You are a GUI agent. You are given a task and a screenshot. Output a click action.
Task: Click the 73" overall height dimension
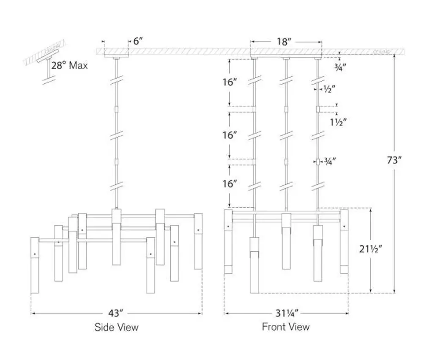394,160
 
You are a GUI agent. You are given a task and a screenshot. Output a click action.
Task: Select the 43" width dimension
115,313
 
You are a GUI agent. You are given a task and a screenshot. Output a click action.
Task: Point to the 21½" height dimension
371,249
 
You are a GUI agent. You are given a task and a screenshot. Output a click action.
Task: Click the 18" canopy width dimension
285,42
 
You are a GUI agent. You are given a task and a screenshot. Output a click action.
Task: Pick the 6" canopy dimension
138,41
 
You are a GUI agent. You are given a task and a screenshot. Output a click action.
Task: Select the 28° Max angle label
69,66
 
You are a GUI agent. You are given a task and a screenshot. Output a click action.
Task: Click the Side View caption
116,327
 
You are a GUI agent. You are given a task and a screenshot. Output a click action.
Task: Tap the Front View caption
286,327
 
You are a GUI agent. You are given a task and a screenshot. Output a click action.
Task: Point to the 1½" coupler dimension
338,122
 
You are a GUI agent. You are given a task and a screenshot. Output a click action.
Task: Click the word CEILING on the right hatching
381,52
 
